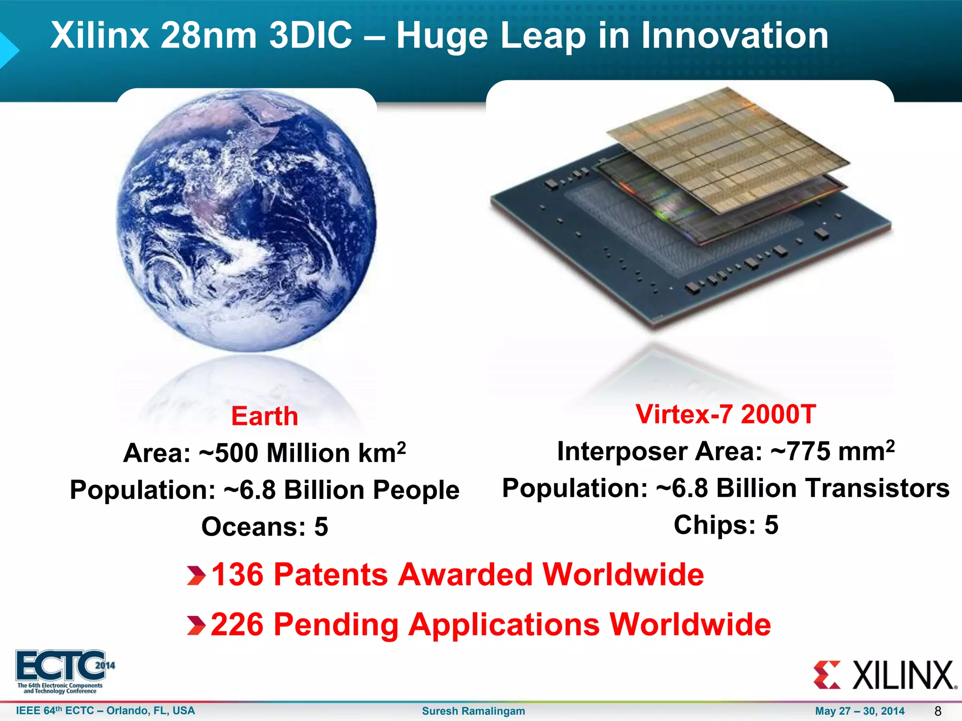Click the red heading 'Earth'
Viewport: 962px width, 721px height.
click(x=264, y=416)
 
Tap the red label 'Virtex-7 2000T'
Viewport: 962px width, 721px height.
click(x=725, y=414)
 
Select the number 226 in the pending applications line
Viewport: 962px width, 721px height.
click(x=237, y=625)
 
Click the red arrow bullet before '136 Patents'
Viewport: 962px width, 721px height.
click(x=196, y=575)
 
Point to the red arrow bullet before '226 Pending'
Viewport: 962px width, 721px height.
click(x=196, y=625)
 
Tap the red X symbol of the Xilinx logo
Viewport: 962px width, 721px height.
click(x=827, y=675)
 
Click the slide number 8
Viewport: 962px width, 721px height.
click(x=938, y=711)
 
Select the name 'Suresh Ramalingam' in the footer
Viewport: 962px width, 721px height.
click(x=473, y=711)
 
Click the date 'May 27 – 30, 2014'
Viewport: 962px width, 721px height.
click(x=860, y=711)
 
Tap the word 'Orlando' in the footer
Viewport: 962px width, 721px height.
click(x=127, y=711)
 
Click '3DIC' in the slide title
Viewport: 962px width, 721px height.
click(x=310, y=35)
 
